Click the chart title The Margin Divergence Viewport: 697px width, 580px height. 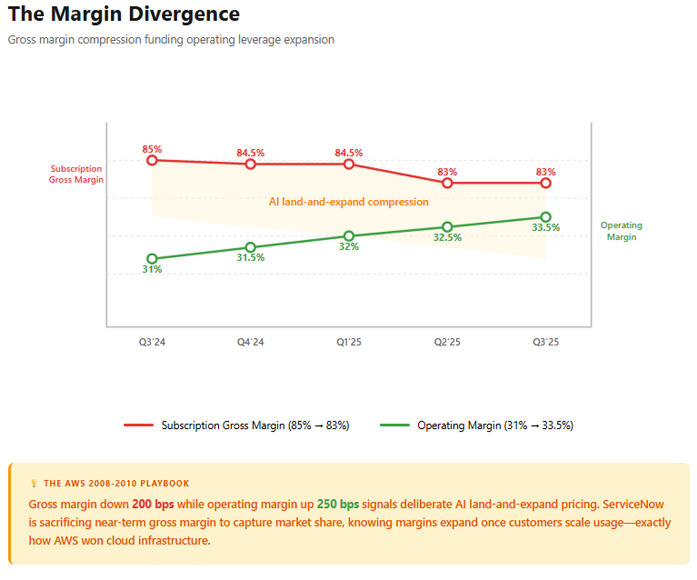coord(124,14)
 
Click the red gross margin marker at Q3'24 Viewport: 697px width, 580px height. coord(152,160)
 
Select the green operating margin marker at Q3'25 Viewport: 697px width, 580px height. coord(545,217)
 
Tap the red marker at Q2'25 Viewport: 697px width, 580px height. coord(447,183)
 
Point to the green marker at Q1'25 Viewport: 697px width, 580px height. coord(349,236)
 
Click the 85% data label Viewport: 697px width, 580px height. coord(152,149)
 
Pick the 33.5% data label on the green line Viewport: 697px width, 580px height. coord(545,228)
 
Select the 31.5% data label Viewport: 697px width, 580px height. coord(250,258)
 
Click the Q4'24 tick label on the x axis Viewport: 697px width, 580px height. coord(250,342)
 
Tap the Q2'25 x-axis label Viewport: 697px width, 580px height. coord(447,342)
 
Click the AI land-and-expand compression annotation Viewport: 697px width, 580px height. coord(348,202)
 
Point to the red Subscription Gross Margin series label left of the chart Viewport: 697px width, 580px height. coord(76,174)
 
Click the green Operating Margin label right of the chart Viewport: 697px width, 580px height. coord(621,231)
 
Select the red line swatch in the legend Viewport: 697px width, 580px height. coord(138,425)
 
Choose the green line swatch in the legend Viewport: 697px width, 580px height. coord(394,425)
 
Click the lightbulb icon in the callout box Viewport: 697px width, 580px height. coord(34,483)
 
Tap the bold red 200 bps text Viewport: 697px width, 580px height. coord(153,504)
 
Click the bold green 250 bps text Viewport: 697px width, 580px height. coord(337,504)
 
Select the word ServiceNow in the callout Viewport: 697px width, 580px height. coord(633,504)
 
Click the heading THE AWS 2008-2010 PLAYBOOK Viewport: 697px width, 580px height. coord(116,483)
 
